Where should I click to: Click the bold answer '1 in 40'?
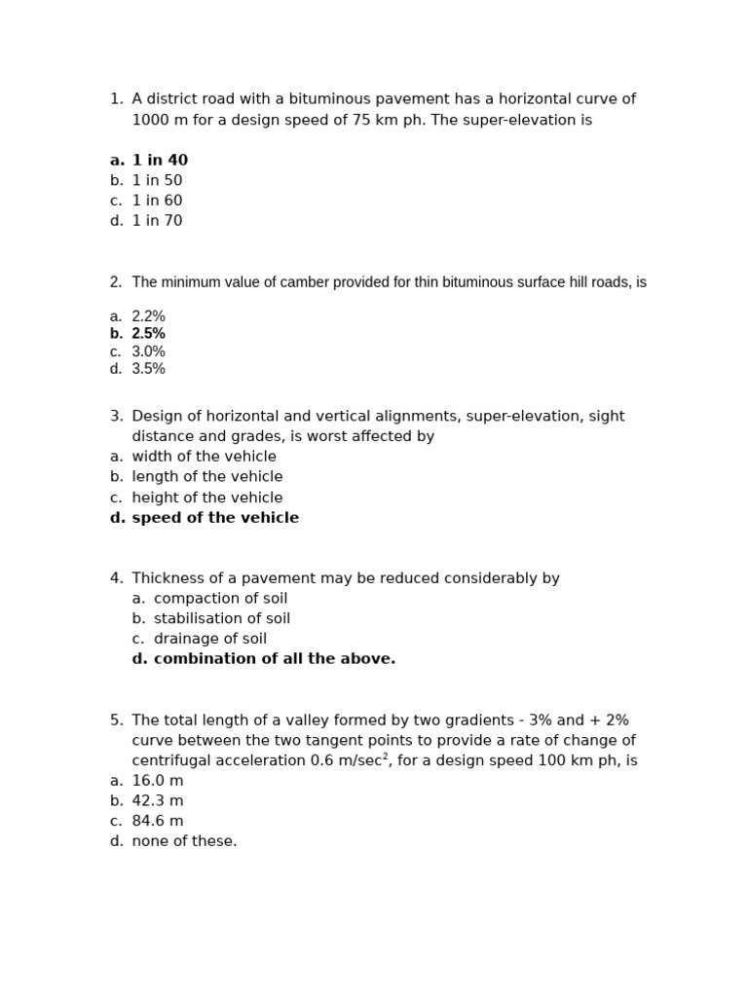click(160, 161)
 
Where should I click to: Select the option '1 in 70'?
click(157, 221)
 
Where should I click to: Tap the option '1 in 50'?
click(157, 181)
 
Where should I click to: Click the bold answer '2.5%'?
click(148, 334)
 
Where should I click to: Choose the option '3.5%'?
click(148, 369)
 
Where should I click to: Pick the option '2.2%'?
click(148, 316)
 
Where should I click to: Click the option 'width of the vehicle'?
click(204, 457)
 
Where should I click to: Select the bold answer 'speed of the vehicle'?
click(215, 518)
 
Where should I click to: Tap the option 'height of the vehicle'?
click(206, 498)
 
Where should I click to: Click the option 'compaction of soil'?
click(220, 599)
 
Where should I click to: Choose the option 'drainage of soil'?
click(209, 639)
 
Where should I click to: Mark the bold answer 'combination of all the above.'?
click(274, 659)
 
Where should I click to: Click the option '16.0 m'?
click(157, 781)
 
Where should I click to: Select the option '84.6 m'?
click(157, 821)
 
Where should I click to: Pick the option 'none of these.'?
click(184, 841)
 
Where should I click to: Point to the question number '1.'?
click(116, 99)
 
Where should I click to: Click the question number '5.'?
click(116, 720)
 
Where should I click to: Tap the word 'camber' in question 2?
click(305, 282)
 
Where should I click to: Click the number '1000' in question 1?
click(151, 121)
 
